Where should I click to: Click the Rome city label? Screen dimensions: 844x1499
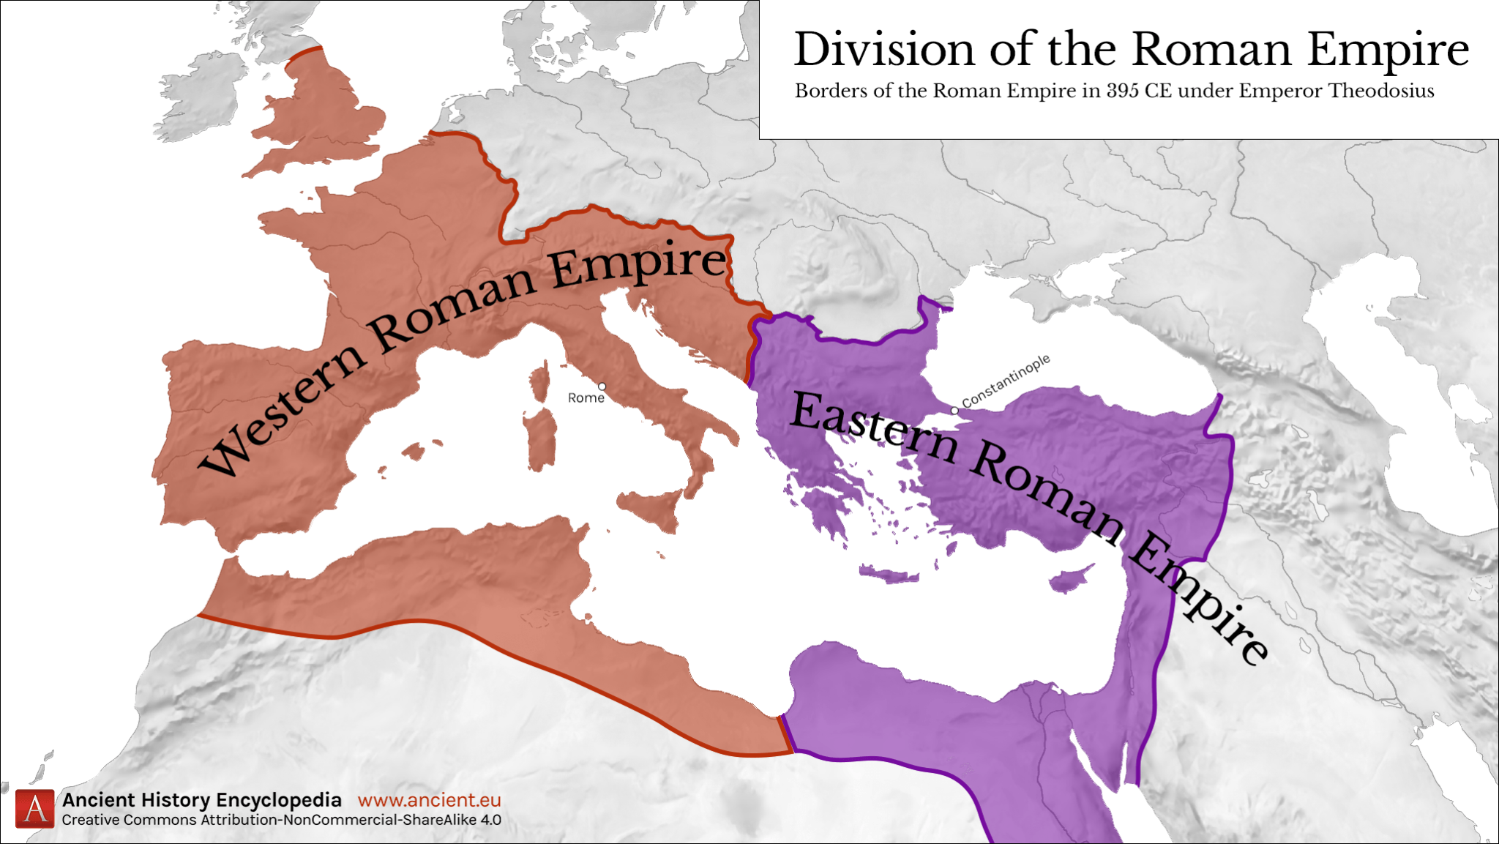[x=586, y=397]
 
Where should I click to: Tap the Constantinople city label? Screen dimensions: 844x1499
[x=1006, y=381]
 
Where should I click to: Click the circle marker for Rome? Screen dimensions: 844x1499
[x=602, y=386]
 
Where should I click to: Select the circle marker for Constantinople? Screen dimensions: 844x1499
[x=954, y=411]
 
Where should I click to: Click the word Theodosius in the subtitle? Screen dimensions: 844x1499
[x=1381, y=91]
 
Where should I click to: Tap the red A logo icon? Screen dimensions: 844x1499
[x=35, y=809]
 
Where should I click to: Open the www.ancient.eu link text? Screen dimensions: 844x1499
[x=429, y=800]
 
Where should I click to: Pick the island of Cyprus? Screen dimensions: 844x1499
[x=1070, y=578]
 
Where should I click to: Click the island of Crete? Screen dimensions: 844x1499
[x=889, y=574]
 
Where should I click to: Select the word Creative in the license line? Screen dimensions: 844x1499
[x=91, y=820]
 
